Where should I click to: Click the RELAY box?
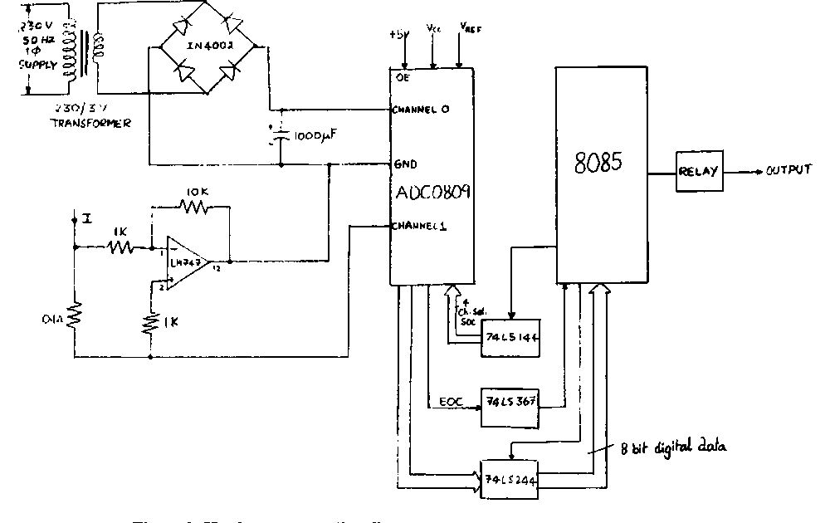pos(699,172)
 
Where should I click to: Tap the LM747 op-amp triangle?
pos(186,263)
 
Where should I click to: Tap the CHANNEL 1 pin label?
pos(421,225)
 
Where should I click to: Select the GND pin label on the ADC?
pos(407,164)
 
